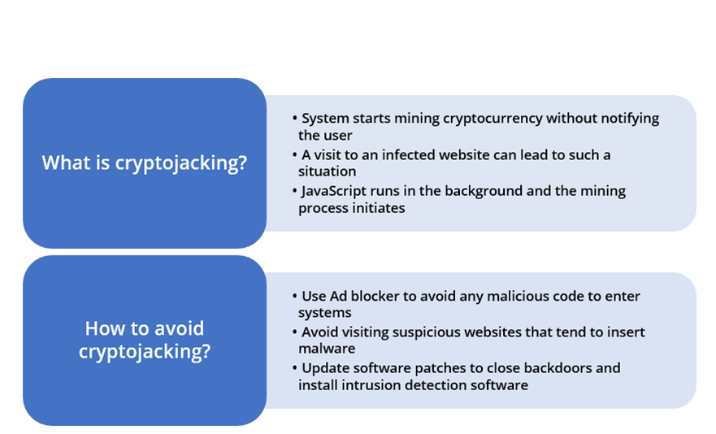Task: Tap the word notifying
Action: (x=630, y=119)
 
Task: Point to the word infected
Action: (x=408, y=155)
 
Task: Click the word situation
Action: (x=327, y=171)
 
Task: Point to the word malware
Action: (x=327, y=349)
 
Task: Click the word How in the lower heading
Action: (x=102, y=328)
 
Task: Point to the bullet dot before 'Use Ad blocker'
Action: (x=294, y=296)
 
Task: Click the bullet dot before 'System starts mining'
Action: (x=294, y=119)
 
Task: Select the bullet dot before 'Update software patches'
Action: (x=294, y=367)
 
